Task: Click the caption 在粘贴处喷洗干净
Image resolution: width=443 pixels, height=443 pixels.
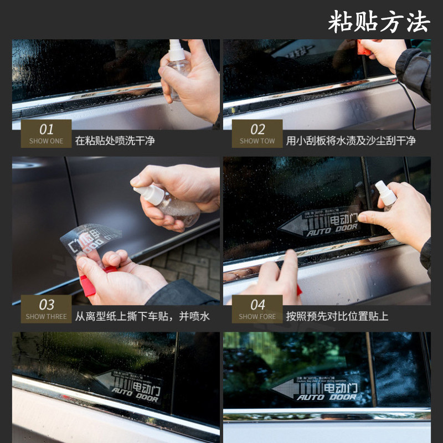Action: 115,141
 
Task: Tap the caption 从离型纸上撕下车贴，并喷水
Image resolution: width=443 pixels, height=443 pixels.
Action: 142,317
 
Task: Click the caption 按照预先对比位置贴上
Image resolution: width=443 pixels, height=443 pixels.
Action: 337,317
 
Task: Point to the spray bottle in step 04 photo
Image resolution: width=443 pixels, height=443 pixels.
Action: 386,195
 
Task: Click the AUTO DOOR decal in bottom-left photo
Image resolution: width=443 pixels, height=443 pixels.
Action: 128,384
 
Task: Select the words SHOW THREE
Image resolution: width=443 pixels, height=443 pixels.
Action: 47,317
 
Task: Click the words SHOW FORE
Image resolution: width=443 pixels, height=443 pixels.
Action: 257,317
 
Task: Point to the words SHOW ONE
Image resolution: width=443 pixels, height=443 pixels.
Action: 47,141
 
